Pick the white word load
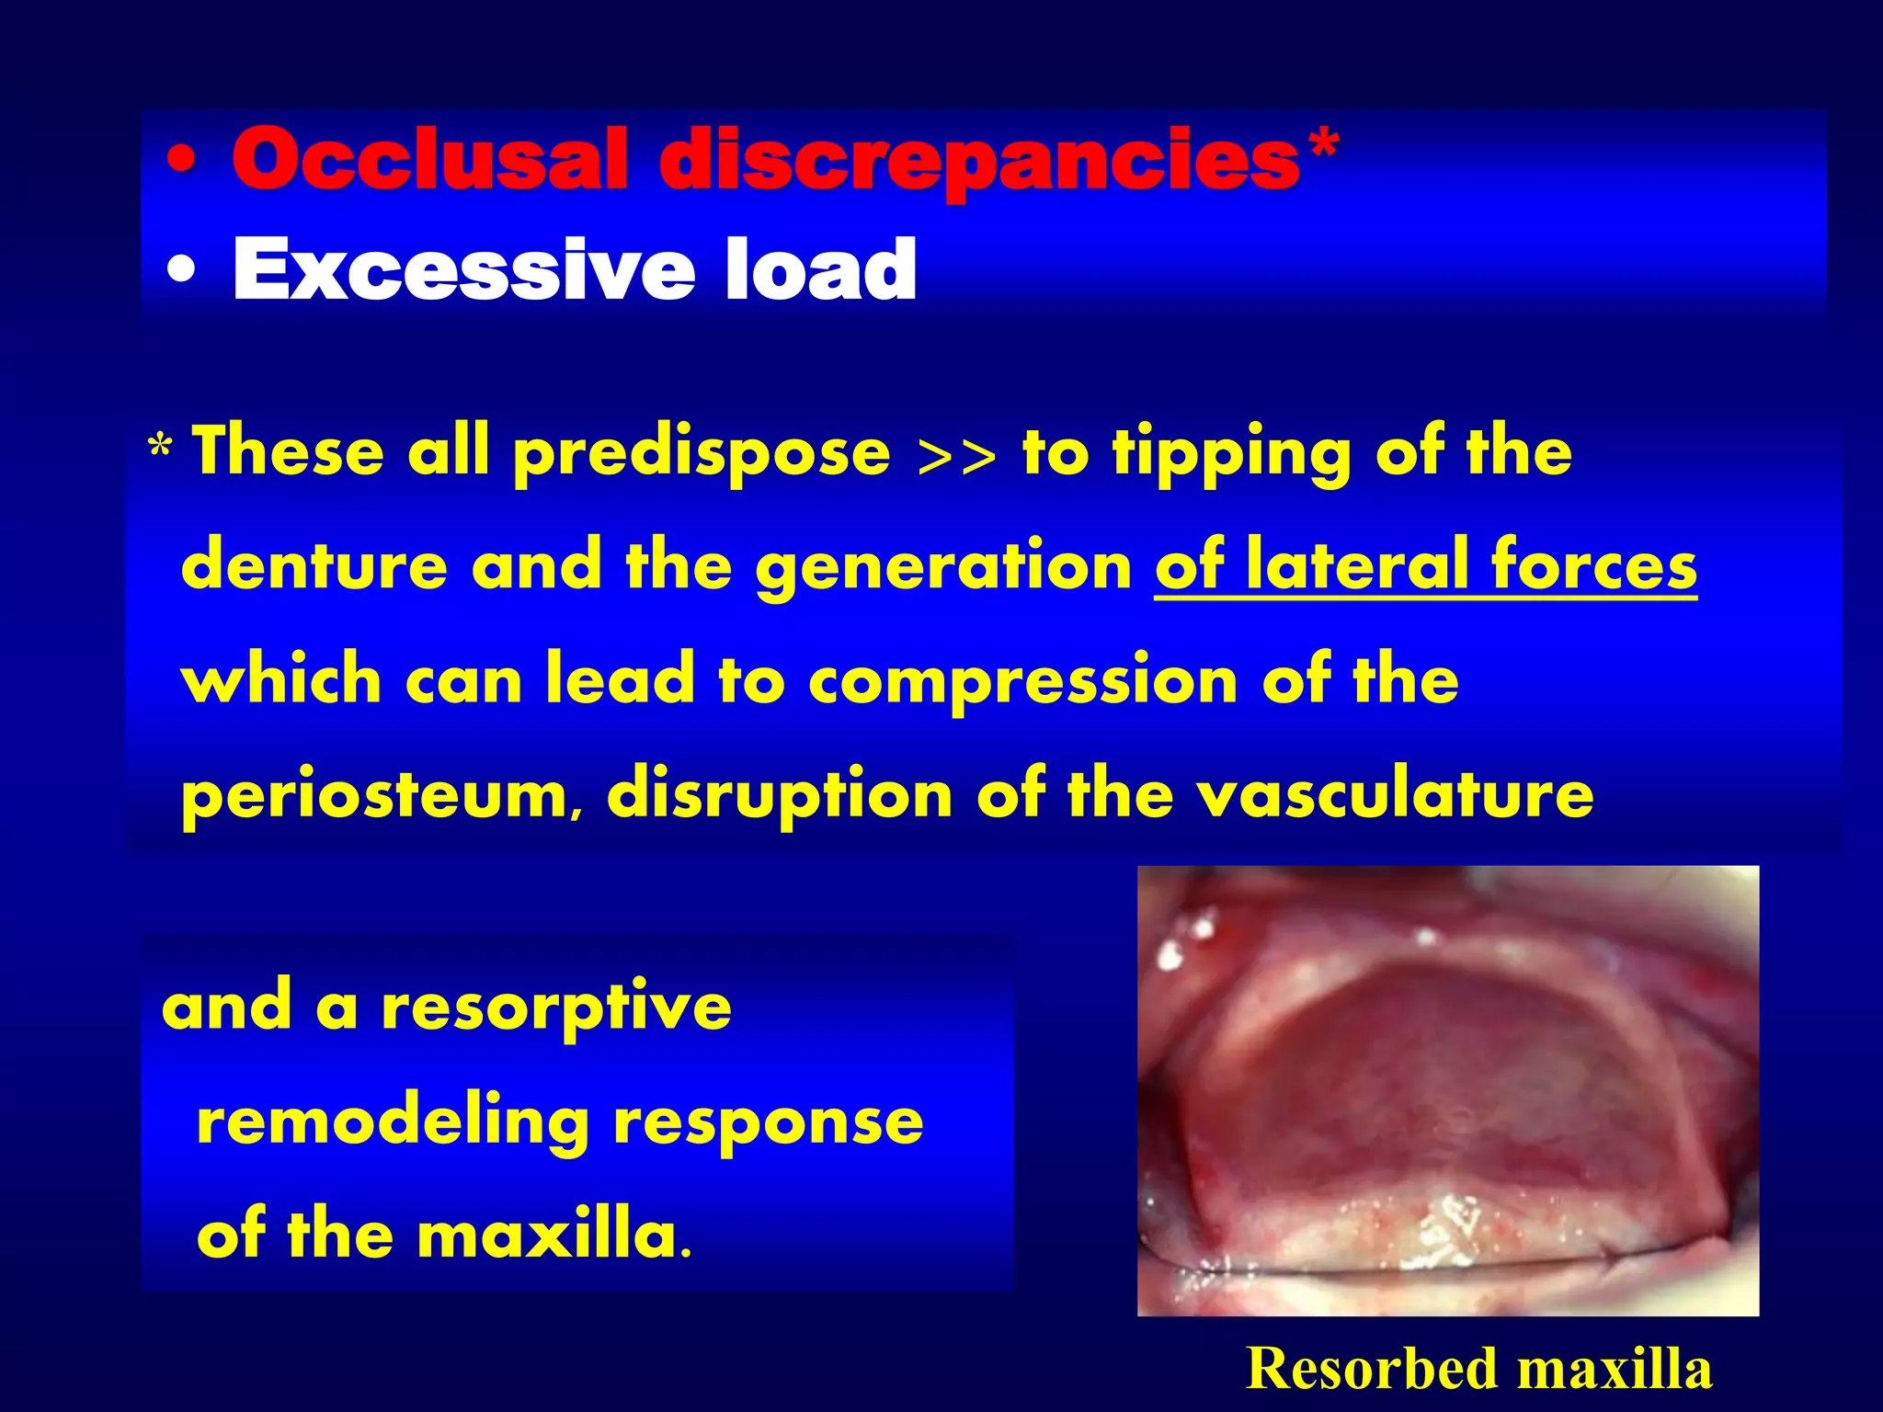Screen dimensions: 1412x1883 tap(820, 268)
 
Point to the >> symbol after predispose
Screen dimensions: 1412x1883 tap(957, 455)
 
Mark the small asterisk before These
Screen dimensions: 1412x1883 tap(160, 450)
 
